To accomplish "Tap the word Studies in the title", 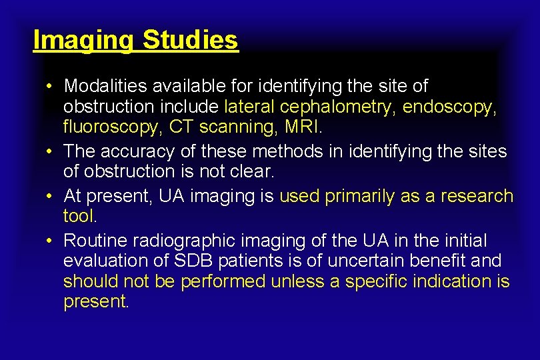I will click(190, 40).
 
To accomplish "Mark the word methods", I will click(290, 152).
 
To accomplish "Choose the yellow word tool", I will click(79, 216).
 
